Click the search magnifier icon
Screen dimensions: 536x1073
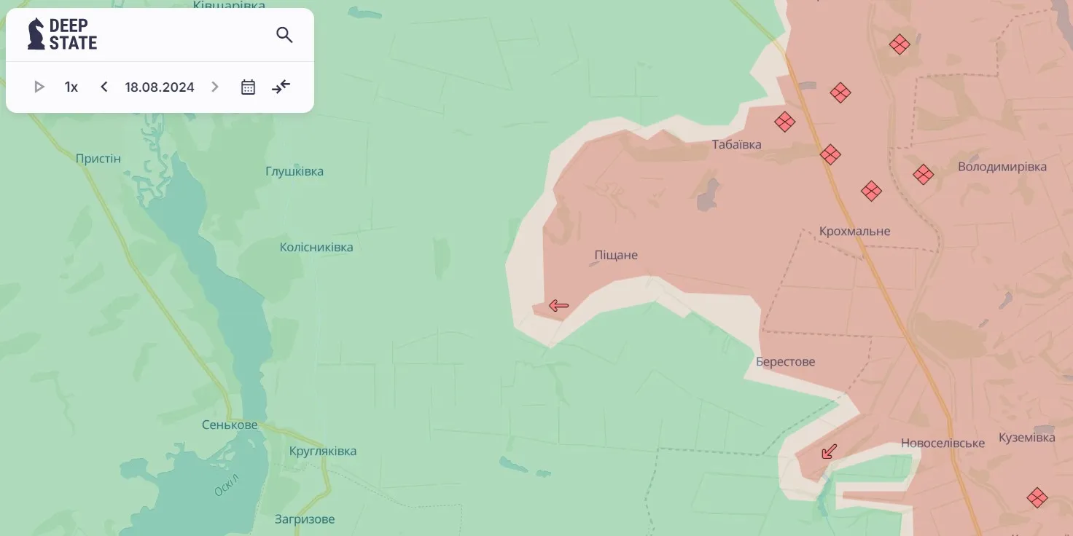click(x=284, y=35)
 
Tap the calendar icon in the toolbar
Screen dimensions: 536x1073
click(x=248, y=87)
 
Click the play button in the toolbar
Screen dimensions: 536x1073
click(x=39, y=87)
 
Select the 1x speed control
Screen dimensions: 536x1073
click(x=71, y=87)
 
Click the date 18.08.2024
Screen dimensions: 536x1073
click(x=160, y=87)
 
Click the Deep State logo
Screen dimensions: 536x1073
click(x=63, y=34)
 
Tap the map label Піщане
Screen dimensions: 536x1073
click(x=616, y=255)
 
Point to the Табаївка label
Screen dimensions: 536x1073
click(x=736, y=144)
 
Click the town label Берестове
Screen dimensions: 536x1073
click(x=785, y=362)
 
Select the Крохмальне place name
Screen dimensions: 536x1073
click(x=854, y=231)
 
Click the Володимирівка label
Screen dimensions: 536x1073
click(x=1002, y=167)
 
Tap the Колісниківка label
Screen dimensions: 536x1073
click(x=316, y=248)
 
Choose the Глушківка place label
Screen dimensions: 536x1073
click(x=294, y=172)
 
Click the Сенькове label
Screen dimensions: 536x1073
click(x=230, y=425)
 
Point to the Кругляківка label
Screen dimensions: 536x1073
click(x=323, y=451)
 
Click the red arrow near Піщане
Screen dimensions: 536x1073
click(x=558, y=306)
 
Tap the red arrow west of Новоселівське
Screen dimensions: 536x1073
click(x=829, y=452)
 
